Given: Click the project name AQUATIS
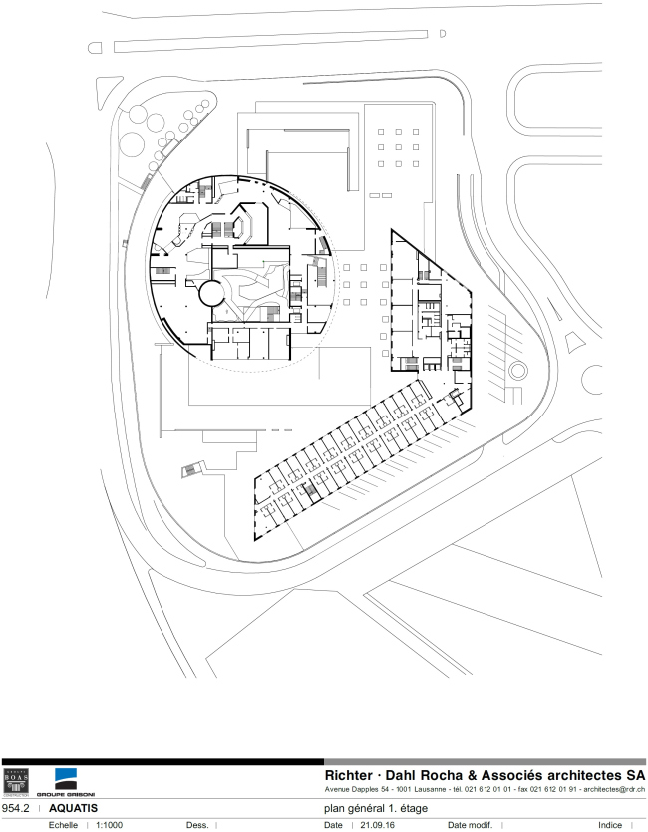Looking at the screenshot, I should (x=73, y=807).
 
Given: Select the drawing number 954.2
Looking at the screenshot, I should (x=18, y=807).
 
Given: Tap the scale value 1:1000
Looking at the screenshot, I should (x=109, y=825).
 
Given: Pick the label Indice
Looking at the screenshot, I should (x=610, y=825).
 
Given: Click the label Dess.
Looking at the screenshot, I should (x=196, y=825).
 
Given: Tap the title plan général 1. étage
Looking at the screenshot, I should (x=376, y=808).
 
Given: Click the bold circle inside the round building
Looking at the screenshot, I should (x=211, y=293).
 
